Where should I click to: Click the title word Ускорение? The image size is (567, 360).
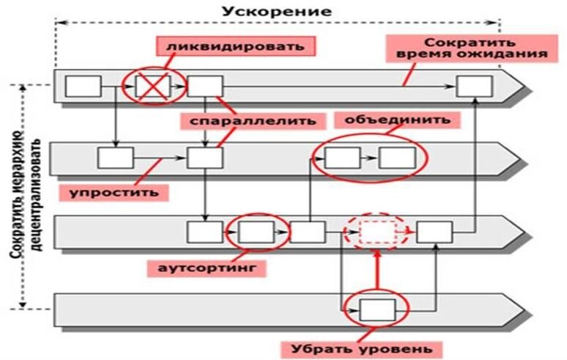coord(277,12)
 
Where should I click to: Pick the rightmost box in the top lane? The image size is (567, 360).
coord(475,87)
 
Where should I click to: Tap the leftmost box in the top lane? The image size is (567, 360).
coord(83,87)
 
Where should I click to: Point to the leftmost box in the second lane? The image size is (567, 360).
coord(116,158)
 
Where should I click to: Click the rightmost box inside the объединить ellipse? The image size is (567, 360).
coord(397,158)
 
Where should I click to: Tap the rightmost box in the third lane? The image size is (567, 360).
coord(434,232)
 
